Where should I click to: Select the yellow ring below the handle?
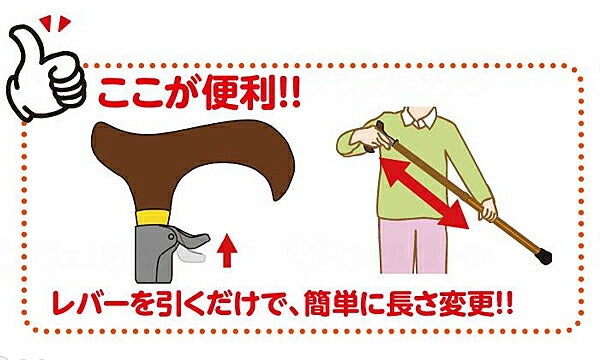coord(153,217)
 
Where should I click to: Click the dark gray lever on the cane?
coord(189,239)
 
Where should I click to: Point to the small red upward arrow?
coord(227,251)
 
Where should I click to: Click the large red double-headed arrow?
coord(425,194)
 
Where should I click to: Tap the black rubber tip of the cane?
coord(544,256)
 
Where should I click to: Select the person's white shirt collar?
coord(419,117)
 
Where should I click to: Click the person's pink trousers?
coord(413,246)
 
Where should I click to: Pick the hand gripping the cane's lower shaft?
coord(488,210)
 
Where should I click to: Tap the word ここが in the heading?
coord(148,93)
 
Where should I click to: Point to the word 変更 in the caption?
coord(466,304)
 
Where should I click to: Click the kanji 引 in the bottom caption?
coord(173,304)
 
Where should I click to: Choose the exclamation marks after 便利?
coord(290,93)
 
